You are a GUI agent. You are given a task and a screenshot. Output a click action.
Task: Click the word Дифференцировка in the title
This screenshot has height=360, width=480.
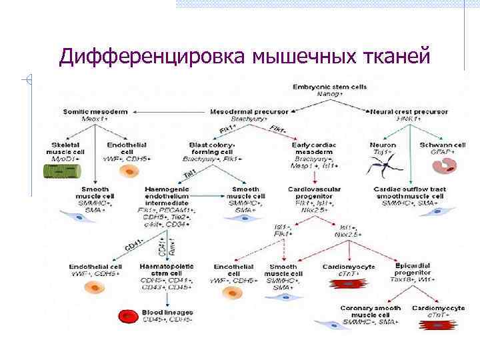(x=153, y=58)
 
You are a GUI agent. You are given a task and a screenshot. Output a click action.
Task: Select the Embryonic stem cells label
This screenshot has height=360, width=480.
(x=319, y=87)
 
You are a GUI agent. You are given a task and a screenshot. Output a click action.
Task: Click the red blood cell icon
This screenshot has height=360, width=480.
(x=127, y=315)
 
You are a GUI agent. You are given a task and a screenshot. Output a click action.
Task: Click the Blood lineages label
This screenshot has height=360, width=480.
(x=167, y=311)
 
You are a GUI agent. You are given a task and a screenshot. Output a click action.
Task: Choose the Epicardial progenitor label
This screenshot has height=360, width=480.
(x=415, y=269)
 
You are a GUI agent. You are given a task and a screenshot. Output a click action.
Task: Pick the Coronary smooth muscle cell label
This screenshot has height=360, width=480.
(x=369, y=311)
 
